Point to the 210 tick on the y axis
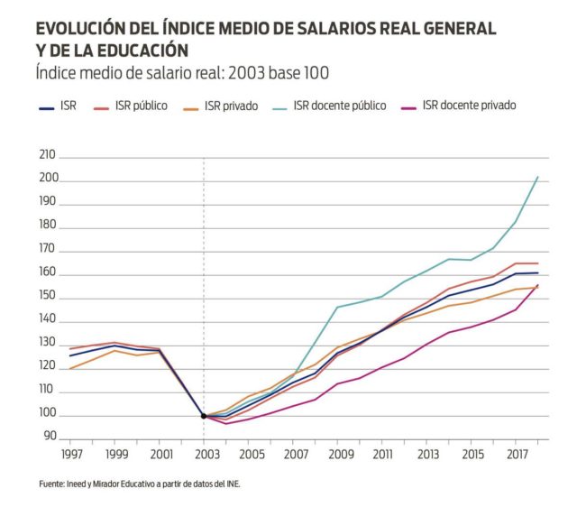pos(48,156)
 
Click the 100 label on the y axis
pos(48,415)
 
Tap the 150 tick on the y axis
pos(48,297)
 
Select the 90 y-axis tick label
pos(50,438)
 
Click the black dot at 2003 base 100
pos(204,416)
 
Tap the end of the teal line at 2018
pos(538,177)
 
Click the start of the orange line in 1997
pos(70,368)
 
